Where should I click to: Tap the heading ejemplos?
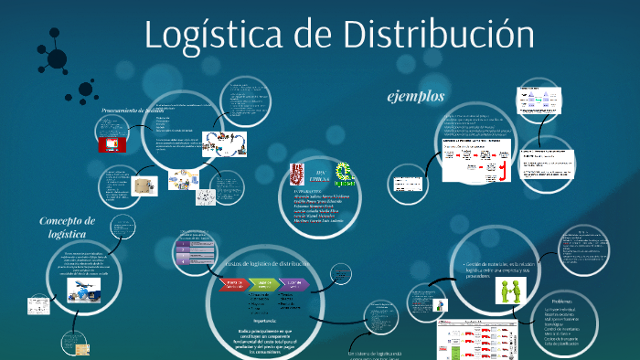[x=416, y=97]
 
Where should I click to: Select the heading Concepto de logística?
[x=67, y=227]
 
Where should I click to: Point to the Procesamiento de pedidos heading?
[x=139, y=110]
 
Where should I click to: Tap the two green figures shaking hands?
[x=509, y=291]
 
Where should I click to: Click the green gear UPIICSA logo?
[x=344, y=172]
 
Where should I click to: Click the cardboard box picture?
[x=142, y=185]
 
